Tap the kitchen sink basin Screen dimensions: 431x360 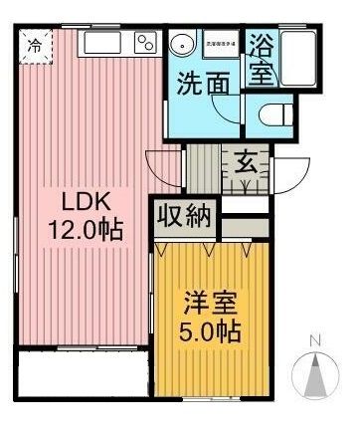point(101,44)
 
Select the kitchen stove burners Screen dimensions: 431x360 point(145,43)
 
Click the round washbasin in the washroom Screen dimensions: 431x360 point(183,44)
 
